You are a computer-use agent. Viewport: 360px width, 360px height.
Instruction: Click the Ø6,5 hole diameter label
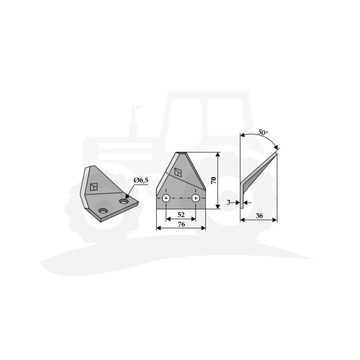point(141,181)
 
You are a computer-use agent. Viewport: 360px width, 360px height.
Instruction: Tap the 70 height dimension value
point(214,181)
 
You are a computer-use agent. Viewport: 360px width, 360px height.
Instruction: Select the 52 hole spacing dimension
point(181,214)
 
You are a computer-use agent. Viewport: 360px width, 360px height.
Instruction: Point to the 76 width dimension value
point(181,225)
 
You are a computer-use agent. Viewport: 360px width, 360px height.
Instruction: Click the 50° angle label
point(263,133)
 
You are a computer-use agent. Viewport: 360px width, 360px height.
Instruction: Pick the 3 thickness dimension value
point(228,203)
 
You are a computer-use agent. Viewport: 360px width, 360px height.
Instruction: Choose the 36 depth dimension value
point(259,215)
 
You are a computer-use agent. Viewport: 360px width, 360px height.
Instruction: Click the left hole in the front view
point(166,198)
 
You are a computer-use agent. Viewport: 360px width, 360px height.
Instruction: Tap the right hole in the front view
point(195,198)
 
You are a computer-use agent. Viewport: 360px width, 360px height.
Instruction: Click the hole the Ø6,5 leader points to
point(124,202)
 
